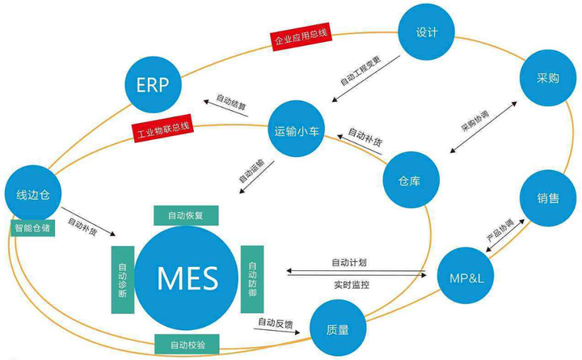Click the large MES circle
tap(188, 278)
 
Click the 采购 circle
tap(548, 80)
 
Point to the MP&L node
tap(466, 275)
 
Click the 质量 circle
tap(339, 328)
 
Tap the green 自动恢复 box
tap(188, 216)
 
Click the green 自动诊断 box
tap(122, 279)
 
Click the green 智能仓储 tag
tap(32, 227)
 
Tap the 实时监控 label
tap(353, 286)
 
